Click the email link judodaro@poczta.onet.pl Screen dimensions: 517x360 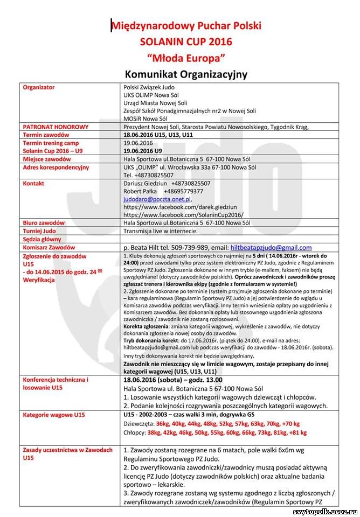click(x=157, y=199)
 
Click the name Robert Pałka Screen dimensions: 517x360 click(x=141, y=191)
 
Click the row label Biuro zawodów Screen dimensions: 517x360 click(x=44, y=222)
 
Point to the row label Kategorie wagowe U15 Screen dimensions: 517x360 click(x=53, y=415)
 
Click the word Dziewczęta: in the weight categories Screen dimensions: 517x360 click(x=140, y=424)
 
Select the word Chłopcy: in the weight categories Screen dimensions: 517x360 click(x=135, y=432)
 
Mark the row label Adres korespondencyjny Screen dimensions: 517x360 click(x=56, y=167)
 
